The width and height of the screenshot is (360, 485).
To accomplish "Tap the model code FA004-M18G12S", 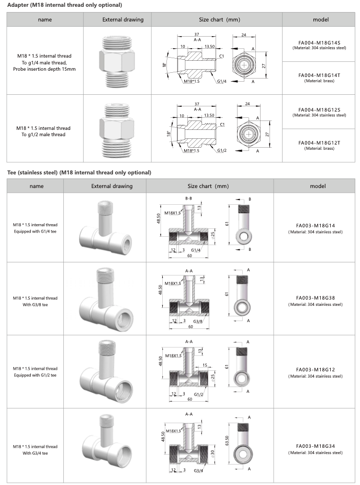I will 320,110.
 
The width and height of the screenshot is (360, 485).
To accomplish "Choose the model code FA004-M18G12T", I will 320,142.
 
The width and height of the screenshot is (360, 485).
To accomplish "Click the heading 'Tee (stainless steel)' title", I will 79,172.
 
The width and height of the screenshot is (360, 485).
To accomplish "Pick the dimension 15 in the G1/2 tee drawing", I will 205,365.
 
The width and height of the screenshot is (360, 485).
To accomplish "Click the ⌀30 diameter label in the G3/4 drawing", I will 212,453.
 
